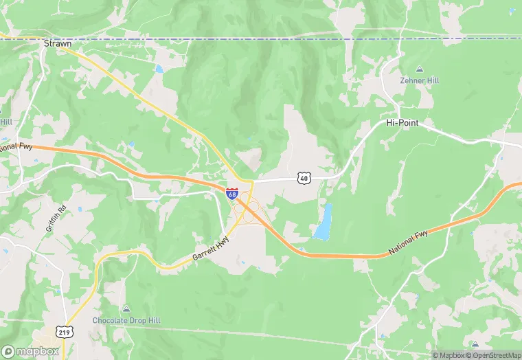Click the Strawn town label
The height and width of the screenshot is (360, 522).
(x=58, y=43)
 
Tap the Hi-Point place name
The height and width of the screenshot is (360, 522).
(x=402, y=123)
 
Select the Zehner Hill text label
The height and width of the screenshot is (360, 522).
(x=420, y=80)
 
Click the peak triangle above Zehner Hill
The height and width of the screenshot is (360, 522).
(x=420, y=69)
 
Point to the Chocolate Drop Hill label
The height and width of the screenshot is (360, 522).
(x=126, y=320)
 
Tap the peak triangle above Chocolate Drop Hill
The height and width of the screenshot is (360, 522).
(x=126, y=308)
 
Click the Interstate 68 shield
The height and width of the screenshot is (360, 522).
(x=232, y=194)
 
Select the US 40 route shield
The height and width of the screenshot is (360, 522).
(x=304, y=178)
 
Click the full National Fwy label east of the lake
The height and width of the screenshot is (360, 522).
(x=408, y=244)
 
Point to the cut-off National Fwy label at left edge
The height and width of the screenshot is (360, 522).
(x=15, y=146)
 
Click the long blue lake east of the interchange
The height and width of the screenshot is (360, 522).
(x=323, y=223)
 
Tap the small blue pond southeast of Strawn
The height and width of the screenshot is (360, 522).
(x=159, y=69)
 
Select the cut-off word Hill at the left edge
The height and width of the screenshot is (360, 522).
(x=5, y=122)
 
